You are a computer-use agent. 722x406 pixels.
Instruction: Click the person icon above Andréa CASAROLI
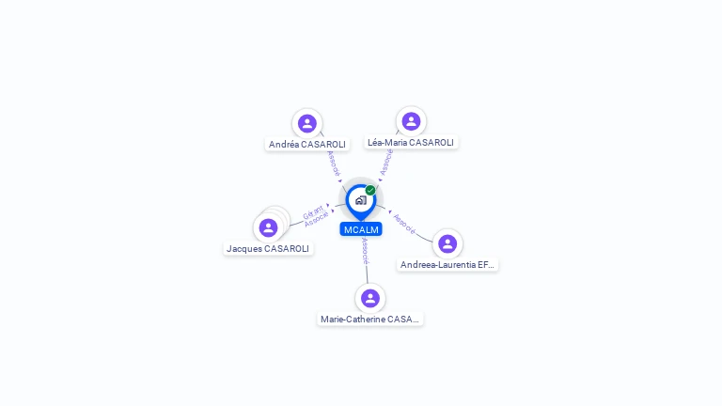pyautogui.click(x=306, y=123)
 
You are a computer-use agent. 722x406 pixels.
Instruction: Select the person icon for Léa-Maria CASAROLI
pyautogui.click(x=411, y=121)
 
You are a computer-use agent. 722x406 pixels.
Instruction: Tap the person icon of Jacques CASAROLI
pyautogui.click(x=268, y=227)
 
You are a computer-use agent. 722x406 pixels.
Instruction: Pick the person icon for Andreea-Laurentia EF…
pyautogui.click(x=447, y=243)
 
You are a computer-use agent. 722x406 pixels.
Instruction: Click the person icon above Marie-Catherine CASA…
pyautogui.click(x=370, y=298)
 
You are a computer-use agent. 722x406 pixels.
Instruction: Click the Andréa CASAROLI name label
pyautogui.click(x=307, y=145)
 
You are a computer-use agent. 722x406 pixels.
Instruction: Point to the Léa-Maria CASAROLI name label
pyautogui.click(x=411, y=143)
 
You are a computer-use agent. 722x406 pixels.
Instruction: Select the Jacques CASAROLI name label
pyautogui.click(x=268, y=249)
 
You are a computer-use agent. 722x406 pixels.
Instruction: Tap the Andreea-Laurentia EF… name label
pyautogui.click(x=447, y=265)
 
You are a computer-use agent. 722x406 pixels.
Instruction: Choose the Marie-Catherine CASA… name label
pyautogui.click(x=370, y=320)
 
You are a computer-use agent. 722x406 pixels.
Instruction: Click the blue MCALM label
pyautogui.click(x=361, y=230)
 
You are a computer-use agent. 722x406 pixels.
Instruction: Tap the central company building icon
pyautogui.click(x=360, y=200)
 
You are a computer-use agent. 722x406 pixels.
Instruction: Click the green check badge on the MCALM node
pyautogui.click(x=370, y=190)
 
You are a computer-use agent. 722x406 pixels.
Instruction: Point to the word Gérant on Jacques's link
pyautogui.click(x=313, y=211)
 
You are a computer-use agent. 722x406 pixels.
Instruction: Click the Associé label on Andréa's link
pyautogui.click(x=333, y=164)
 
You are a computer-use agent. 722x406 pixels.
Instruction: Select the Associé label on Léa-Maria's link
pyautogui.click(x=386, y=162)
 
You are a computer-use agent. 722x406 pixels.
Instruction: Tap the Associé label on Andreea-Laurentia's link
pyautogui.click(x=404, y=223)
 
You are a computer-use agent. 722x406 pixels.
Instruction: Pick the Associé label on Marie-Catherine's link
pyautogui.click(x=365, y=251)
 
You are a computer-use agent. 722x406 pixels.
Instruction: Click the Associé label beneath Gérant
pyautogui.click(x=317, y=219)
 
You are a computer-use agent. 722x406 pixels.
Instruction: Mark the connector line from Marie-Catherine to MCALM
pyautogui.click(x=368, y=272)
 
